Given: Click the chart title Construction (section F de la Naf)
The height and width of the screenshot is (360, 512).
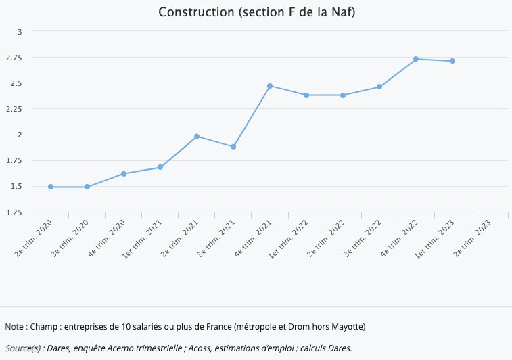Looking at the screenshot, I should click(x=256, y=13).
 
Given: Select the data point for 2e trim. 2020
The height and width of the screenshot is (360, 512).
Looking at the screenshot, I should click(x=51, y=187).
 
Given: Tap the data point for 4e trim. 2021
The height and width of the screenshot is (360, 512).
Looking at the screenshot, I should click(x=270, y=86).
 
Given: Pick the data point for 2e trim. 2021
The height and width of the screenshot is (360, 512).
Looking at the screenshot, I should click(x=197, y=137).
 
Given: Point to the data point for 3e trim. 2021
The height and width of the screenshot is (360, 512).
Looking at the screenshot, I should click(x=233, y=147).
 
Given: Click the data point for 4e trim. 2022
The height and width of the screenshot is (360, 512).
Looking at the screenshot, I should click(x=416, y=59).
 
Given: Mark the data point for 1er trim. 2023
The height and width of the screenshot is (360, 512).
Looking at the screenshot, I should click(x=452, y=61).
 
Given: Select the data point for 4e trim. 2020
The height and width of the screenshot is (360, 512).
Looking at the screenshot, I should click(x=124, y=174).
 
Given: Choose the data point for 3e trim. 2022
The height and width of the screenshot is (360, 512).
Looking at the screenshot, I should click(x=379, y=87).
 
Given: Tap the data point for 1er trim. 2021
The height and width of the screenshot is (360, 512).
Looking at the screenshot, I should click(x=160, y=167).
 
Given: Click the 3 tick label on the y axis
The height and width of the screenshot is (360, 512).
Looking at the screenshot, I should click(x=20, y=32).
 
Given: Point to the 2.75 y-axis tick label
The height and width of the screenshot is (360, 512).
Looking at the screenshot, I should click(x=14, y=58).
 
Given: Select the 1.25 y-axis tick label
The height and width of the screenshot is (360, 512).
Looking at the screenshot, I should click(x=14, y=212).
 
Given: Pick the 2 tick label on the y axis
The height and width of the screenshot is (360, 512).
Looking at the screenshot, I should click(x=20, y=135).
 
